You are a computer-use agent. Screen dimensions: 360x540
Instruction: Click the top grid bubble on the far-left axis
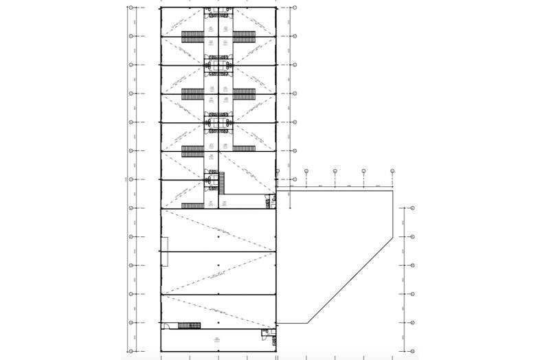click(130, 8)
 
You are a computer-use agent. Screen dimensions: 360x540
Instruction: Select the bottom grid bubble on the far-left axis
click(130, 351)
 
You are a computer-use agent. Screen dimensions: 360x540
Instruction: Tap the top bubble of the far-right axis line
click(414, 207)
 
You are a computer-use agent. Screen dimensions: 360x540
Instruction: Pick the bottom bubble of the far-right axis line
click(414, 351)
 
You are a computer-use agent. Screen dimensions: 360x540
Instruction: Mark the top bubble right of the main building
click(295, 8)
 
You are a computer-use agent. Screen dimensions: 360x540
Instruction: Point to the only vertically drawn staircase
click(221, 181)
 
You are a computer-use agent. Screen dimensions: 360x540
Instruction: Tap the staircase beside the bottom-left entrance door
click(188, 325)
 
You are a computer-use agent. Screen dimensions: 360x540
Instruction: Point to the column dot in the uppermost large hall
click(218, 236)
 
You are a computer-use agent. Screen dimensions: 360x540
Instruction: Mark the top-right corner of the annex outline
click(392, 191)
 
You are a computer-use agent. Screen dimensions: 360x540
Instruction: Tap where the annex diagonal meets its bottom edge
click(307, 322)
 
